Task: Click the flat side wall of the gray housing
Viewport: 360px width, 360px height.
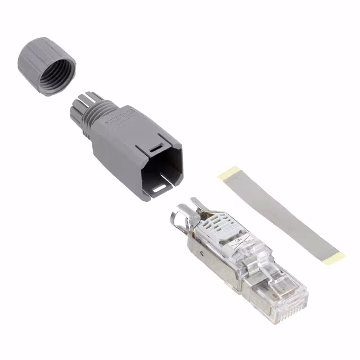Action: click(115, 157)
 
